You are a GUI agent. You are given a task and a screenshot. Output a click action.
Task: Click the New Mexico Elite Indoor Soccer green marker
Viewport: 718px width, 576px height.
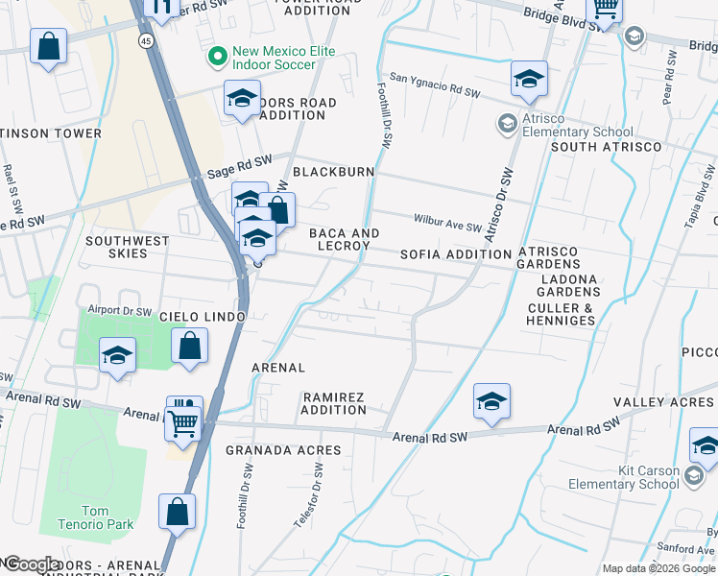point(217,58)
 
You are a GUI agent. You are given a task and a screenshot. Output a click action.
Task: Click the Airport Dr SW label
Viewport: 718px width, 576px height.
point(119,311)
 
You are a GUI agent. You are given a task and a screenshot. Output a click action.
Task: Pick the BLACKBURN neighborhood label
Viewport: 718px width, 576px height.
point(333,172)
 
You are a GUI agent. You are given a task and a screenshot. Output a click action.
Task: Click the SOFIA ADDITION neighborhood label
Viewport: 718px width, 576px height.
point(455,254)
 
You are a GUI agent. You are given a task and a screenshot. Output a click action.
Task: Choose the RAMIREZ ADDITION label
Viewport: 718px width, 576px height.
point(334,403)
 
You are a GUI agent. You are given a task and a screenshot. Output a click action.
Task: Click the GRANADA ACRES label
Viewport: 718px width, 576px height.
point(283,450)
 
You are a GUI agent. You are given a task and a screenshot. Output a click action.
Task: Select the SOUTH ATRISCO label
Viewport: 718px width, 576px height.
point(606,147)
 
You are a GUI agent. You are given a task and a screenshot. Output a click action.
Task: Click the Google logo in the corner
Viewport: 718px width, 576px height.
point(32,564)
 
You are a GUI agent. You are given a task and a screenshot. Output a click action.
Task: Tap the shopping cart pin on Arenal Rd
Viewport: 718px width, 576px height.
point(181,420)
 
